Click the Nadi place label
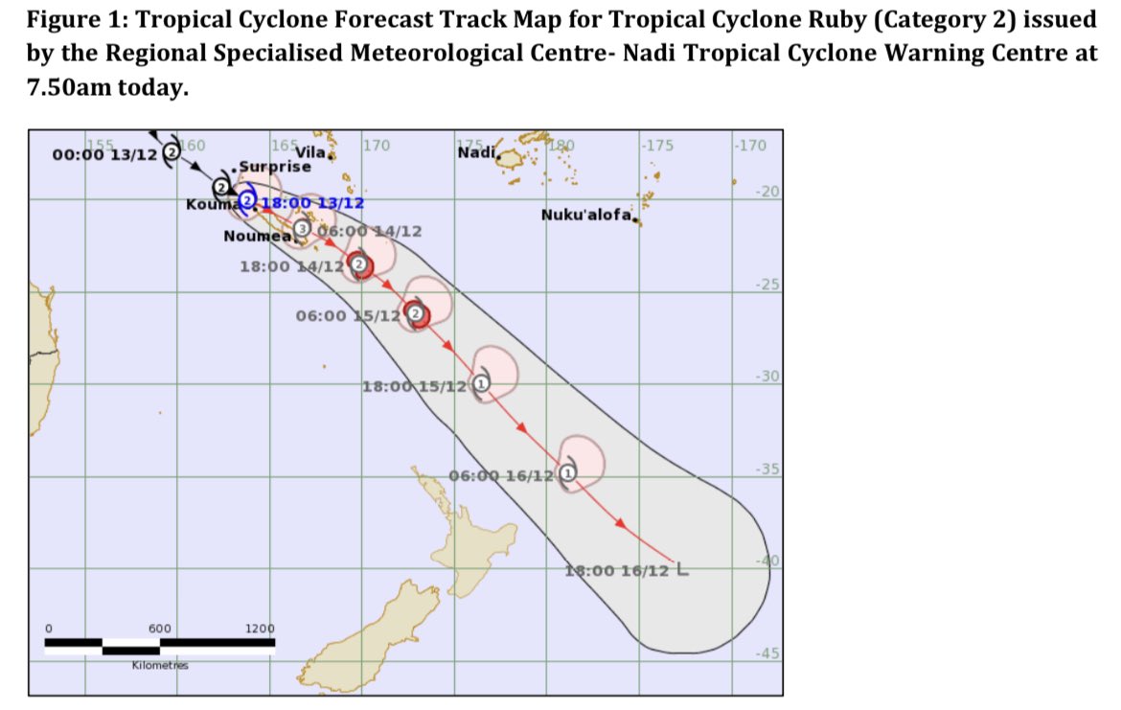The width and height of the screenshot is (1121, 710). pos(476,152)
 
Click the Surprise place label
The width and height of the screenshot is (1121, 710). pos(277,166)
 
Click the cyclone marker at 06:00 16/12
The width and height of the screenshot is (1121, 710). pos(567,471)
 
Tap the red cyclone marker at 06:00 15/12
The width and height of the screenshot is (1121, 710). pos(416,313)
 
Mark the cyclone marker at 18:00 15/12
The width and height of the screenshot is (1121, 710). pos(482,383)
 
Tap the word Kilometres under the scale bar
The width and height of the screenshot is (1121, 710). pos(160,664)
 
